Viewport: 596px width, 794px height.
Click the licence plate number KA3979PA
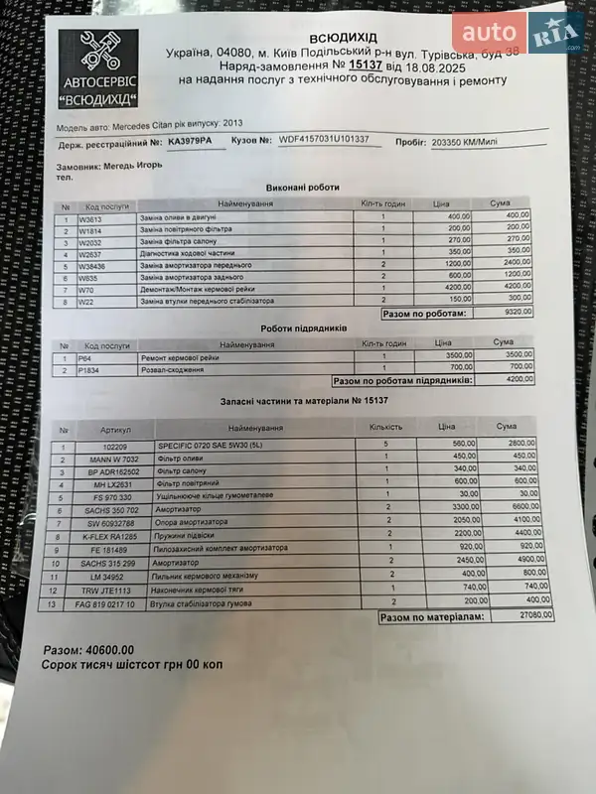pyautogui.click(x=193, y=141)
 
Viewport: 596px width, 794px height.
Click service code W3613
pyautogui.click(x=91, y=216)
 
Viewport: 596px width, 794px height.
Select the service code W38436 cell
pyautogui.click(x=94, y=266)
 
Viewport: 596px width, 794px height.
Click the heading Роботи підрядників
pyautogui.click(x=304, y=329)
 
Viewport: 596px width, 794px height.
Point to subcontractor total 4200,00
pyautogui.click(x=515, y=379)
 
